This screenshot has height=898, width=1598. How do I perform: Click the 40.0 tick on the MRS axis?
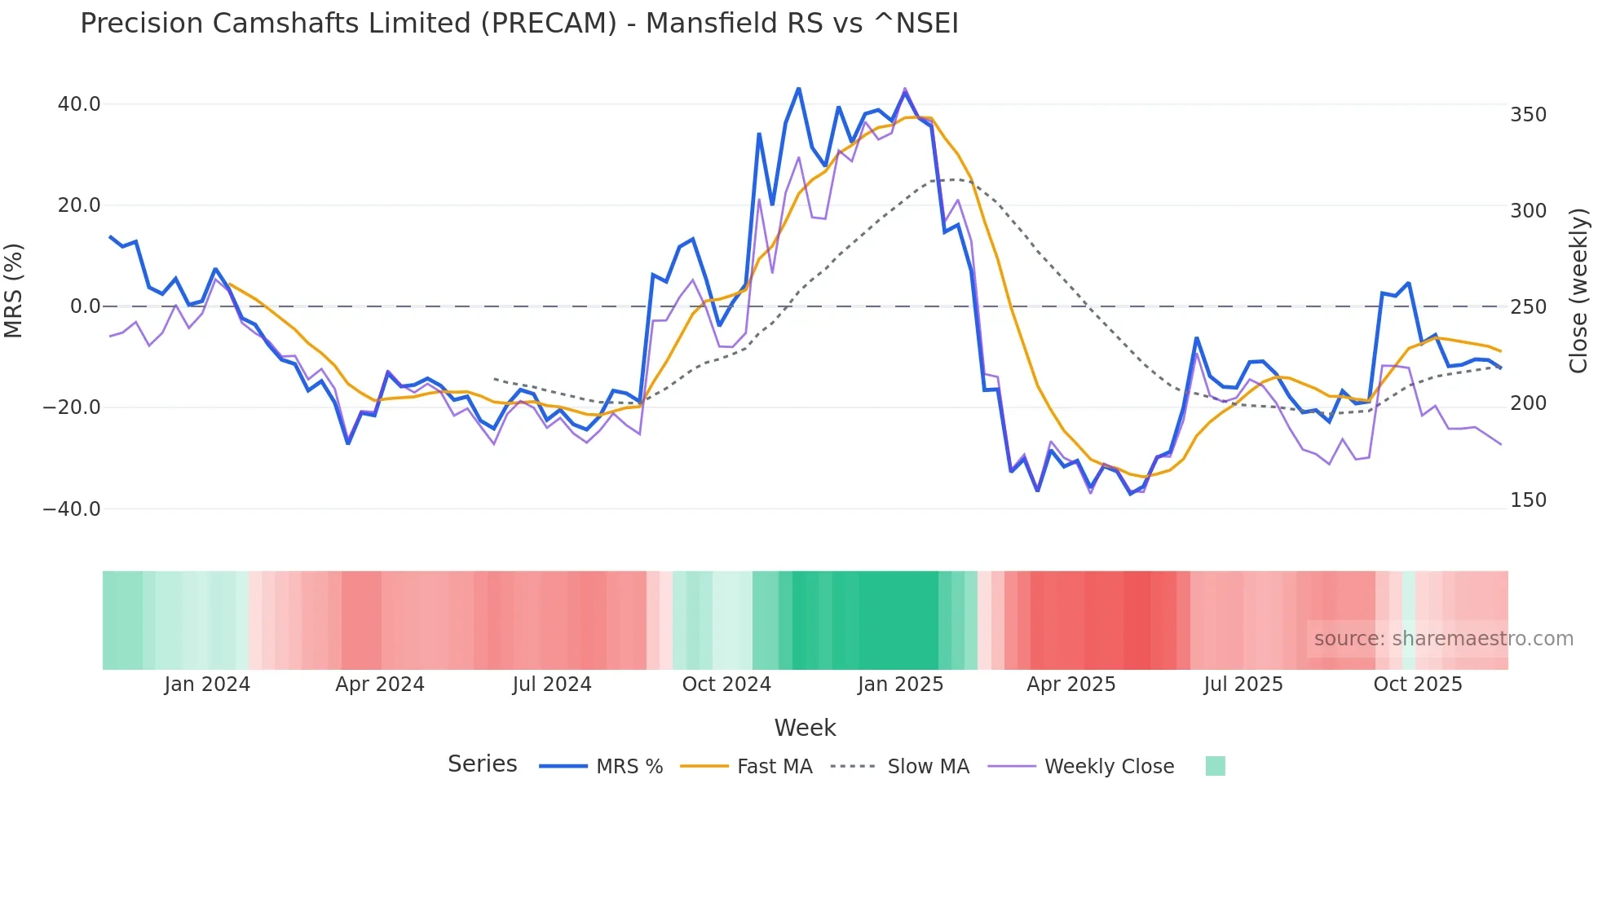tap(78, 104)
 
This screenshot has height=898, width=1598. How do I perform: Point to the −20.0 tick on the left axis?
tap(72, 407)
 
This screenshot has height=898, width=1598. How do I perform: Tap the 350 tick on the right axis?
tap(1528, 115)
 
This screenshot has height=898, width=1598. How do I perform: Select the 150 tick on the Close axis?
tap(1528, 500)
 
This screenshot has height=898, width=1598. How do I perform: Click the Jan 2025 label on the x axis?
tap(900, 685)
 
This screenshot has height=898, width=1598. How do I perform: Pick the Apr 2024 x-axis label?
tap(380, 685)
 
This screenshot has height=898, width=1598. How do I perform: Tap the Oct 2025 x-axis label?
tap(1418, 685)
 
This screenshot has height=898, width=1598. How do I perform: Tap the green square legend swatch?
tap(1215, 766)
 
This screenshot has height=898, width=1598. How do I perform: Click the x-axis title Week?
tap(805, 728)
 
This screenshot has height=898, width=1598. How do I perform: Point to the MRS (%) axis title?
tap(14, 291)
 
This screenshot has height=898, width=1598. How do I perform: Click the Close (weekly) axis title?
tap(1579, 291)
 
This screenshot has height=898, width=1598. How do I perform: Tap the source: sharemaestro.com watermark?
tap(1443, 639)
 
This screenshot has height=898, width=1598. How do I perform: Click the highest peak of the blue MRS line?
tap(798, 88)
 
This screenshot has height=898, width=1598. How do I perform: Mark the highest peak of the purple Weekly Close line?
tap(905, 88)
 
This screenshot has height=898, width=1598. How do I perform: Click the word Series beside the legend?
tap(482, 764)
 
